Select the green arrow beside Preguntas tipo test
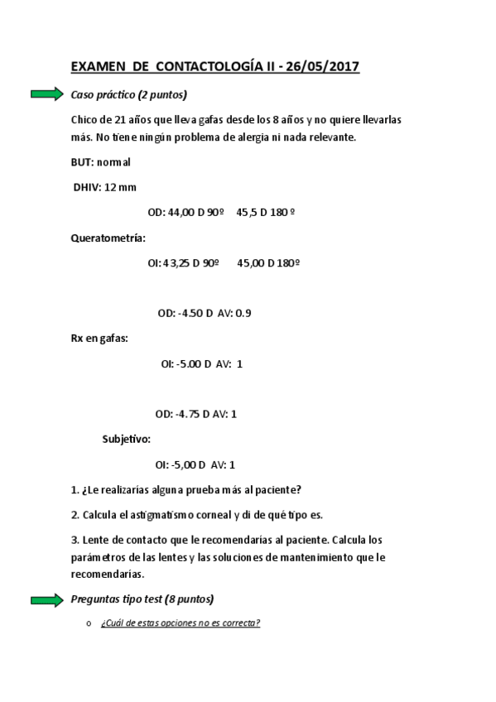(47, 599)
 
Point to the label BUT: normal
(101, 162)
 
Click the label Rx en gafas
(99, 338)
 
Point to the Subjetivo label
(126, 439)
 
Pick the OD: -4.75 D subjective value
(185, 414)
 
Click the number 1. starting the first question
(75, 489)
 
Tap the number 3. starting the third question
(75, 539)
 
